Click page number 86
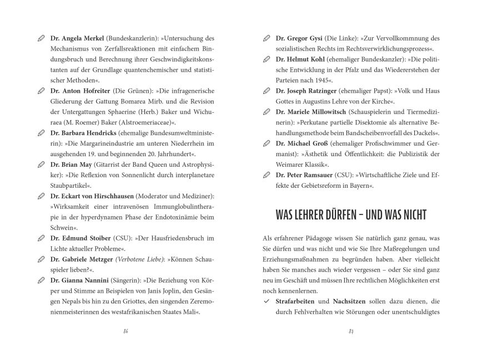pos(126,332)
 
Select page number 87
pos(351,332)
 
